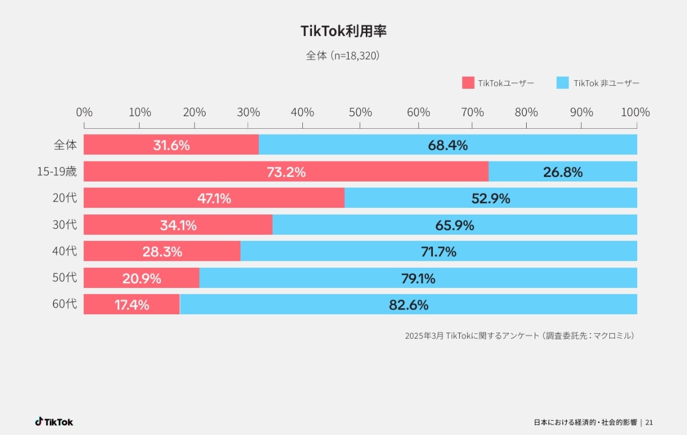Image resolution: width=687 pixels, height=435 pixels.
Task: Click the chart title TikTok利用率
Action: [343, 31]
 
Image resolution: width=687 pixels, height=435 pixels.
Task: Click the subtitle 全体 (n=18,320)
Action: [343, 56]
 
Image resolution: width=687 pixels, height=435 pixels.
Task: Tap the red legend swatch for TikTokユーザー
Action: [468, 83]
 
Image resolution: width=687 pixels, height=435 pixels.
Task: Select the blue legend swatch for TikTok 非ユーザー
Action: [563, 83]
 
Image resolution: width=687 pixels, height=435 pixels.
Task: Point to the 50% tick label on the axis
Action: [360, 112]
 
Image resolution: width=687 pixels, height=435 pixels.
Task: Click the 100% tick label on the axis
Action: [635, 112]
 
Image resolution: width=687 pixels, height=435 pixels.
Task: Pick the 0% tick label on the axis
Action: [84, 112]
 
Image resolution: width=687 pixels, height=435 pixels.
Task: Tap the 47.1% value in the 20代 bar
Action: [214, 199]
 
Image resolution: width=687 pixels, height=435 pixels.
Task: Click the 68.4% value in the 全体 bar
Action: [448, 145]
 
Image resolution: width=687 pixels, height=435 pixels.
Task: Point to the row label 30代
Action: [65, 225]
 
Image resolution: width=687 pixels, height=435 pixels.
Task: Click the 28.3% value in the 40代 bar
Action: [162, 252]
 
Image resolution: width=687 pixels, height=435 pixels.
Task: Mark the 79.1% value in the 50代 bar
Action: [418, 279]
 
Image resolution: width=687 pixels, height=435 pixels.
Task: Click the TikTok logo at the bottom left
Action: [54, 422]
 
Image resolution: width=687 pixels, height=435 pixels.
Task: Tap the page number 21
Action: [649, 422]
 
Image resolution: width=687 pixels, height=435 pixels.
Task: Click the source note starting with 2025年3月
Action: [519, 336]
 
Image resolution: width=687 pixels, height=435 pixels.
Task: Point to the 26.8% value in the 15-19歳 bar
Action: [563, 172]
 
